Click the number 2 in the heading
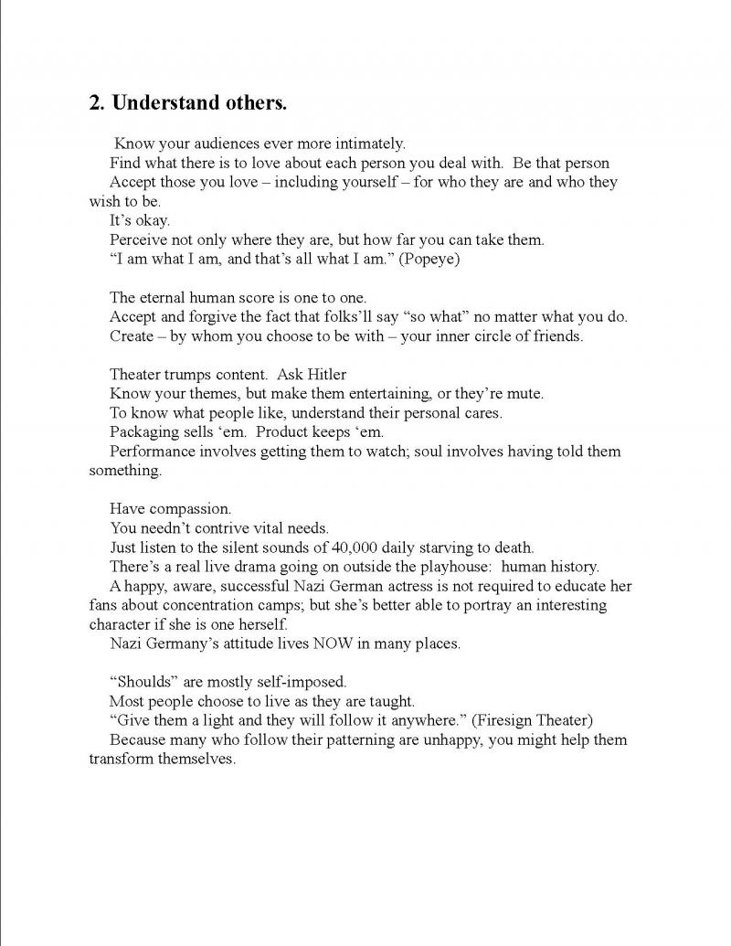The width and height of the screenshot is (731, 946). pos(95,102)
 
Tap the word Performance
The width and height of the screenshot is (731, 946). pos(152,452)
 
